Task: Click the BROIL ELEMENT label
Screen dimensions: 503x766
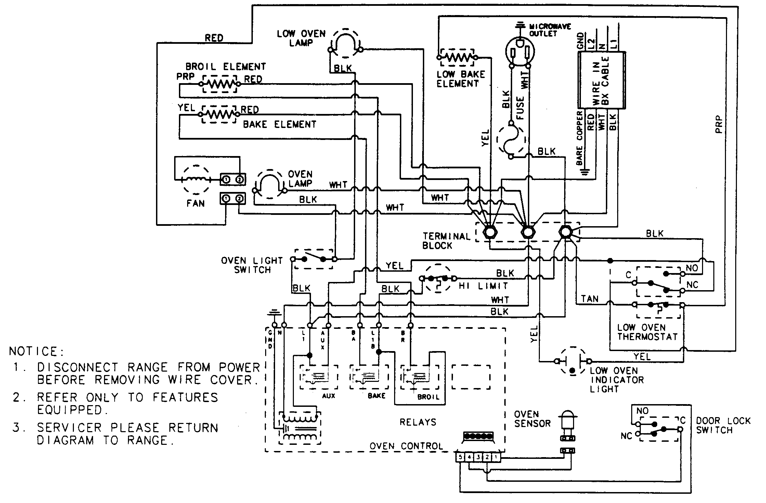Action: pos(225,66)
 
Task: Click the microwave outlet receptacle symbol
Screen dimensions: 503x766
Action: pos(520,51)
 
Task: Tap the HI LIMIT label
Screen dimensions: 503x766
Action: pos(483,286)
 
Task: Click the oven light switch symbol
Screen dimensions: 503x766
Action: pos(313,259)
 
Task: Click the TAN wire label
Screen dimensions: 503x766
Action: pos(589,299)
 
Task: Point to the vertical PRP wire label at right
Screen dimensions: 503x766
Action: pos(718,125)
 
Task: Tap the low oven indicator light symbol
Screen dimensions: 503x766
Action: pos(572,361)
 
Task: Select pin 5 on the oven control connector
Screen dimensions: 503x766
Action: pos(460,456)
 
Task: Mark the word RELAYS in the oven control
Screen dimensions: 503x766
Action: pos(418,422)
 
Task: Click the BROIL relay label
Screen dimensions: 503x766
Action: pos(428,397)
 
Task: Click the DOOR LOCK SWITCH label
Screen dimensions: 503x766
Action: pos(723,425)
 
